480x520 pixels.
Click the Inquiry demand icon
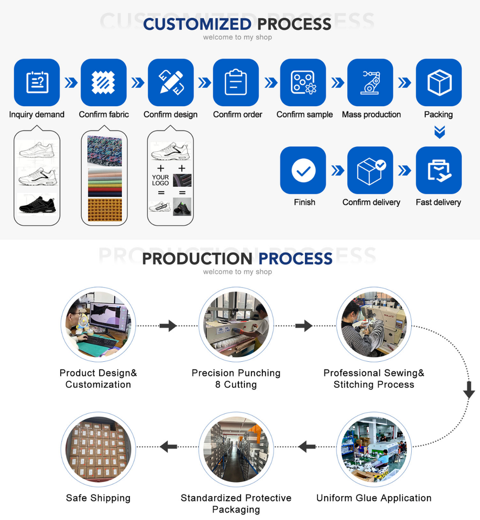coord(37,82)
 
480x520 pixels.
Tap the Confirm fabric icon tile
coord(103,82)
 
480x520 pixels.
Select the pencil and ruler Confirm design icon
coord(171,82)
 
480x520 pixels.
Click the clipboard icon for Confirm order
coord(236,82)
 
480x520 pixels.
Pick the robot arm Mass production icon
coord(370,82)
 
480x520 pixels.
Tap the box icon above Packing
coord(438,82)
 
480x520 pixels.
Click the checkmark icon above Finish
coord(303,170)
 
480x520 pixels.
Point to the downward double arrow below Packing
coord(439,132)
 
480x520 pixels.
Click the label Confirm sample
coord(304,114)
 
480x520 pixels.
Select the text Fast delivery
coord(438,202)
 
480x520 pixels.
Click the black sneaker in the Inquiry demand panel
coord(37,205)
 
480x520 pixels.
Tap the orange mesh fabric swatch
coord(105,210)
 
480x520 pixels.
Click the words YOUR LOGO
coord(160,180)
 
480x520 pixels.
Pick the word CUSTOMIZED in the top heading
coord(197,24)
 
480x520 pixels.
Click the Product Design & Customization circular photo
coord(98,324)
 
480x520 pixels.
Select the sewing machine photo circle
coord(374,324)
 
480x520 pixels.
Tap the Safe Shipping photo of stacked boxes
coord(98,450)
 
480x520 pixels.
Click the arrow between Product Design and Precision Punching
coord(168,326)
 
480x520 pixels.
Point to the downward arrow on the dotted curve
coord(469,390)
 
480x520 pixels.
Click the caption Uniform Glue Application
coord(374,498)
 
